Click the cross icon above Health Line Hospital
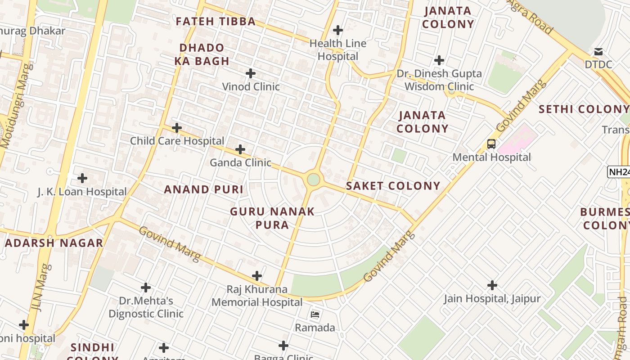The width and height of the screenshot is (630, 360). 337,30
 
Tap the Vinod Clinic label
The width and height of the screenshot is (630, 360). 251,86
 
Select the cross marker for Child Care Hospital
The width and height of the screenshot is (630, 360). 177,128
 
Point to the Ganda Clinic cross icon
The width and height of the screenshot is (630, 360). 240,149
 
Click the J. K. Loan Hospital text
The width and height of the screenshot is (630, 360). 82,192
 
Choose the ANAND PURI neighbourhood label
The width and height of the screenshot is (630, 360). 203,189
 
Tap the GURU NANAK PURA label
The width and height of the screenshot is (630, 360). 272,218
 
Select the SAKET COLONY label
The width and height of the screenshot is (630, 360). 393,186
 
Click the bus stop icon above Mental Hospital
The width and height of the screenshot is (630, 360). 491,144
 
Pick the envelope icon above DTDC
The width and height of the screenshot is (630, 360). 598,51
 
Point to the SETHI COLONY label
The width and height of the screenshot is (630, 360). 584,109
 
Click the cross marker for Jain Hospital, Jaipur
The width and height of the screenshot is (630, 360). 492,285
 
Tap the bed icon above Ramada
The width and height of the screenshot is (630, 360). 315,314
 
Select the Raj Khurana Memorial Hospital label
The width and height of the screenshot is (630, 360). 257,296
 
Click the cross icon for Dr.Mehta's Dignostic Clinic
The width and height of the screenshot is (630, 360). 146,287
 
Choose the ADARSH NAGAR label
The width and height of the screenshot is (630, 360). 54,243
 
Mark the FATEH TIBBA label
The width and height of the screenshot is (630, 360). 216,21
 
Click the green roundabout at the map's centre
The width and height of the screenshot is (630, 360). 313,180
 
